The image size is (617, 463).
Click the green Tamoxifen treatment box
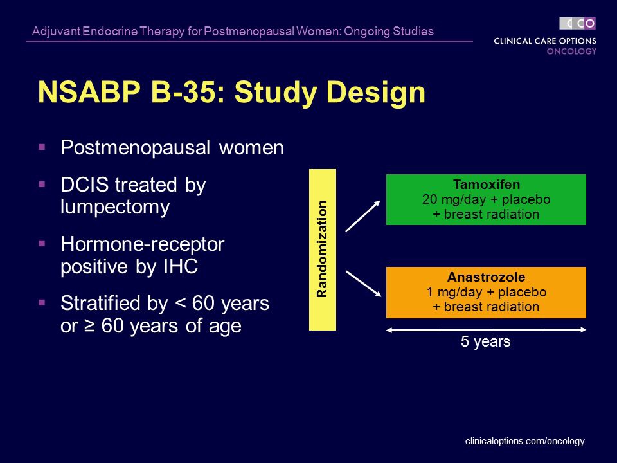point(486,199)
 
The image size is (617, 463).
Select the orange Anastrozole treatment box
point(486,293)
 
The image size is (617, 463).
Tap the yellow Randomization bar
point(323,250)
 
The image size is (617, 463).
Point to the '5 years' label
point(485,342)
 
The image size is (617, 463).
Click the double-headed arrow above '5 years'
point(486,329)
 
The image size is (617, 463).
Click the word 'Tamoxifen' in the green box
point(486,185)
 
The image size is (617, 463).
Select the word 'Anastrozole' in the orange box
point(486,278)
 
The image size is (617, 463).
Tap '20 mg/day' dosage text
point(450,199)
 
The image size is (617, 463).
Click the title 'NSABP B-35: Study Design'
point(231,93)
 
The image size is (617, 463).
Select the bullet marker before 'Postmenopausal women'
point(42,147)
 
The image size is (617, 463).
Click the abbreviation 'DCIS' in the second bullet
point(85,185)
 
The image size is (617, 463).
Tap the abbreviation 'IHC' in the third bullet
point(179,267)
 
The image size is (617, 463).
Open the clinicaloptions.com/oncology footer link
point(524,441)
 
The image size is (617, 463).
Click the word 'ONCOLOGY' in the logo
point(571,51)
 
